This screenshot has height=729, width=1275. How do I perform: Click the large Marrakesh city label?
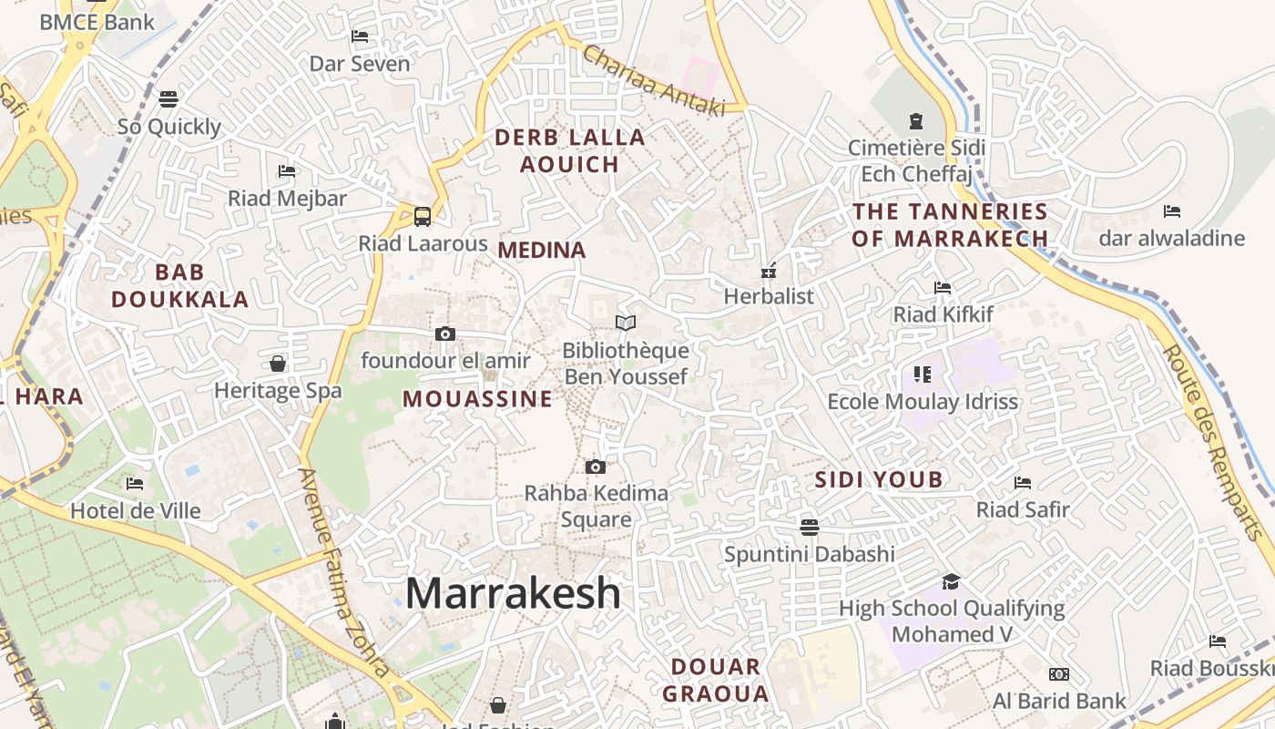513,593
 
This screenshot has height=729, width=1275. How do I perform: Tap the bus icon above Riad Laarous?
423,217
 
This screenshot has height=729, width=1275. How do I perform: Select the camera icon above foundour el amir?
445,334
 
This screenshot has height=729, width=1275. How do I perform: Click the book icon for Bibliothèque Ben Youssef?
625,323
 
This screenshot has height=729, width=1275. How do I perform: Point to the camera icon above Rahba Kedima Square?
596,467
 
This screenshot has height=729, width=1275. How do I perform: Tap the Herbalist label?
769,296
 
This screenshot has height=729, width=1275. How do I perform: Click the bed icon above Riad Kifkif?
943,288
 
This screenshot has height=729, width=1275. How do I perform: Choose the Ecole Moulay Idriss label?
923,402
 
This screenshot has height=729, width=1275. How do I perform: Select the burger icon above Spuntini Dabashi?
809,527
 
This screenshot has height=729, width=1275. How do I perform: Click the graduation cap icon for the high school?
951,581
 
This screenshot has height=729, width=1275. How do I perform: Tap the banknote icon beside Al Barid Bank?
1058,674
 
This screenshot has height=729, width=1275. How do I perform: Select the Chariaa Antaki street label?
654,81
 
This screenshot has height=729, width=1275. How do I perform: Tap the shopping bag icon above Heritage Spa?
278,364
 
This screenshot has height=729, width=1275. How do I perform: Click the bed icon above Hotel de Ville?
135,483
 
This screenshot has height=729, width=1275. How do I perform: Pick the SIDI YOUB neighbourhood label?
878,480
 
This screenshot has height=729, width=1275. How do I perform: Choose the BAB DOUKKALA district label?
180,285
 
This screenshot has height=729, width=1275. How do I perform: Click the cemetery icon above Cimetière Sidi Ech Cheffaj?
916,120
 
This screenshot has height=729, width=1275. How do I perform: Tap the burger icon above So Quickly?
168,98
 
